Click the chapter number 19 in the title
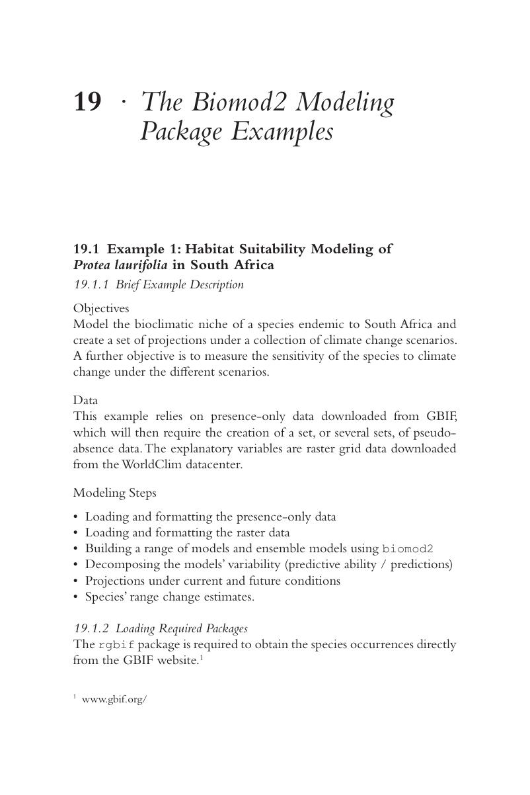click(87, 103)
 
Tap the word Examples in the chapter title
click(282, 132)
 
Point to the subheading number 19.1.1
click(91, 285)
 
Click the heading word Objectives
click(100, 308)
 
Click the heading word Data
click(85, 400)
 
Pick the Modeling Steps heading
click(114, 493)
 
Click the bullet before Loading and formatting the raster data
click(76, 532)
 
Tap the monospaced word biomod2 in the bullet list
click(407, 549)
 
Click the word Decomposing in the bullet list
click(118, 564)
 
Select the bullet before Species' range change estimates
click(76, 597)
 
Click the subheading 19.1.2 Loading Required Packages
click(160, 628)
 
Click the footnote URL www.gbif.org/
click(114, 699)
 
